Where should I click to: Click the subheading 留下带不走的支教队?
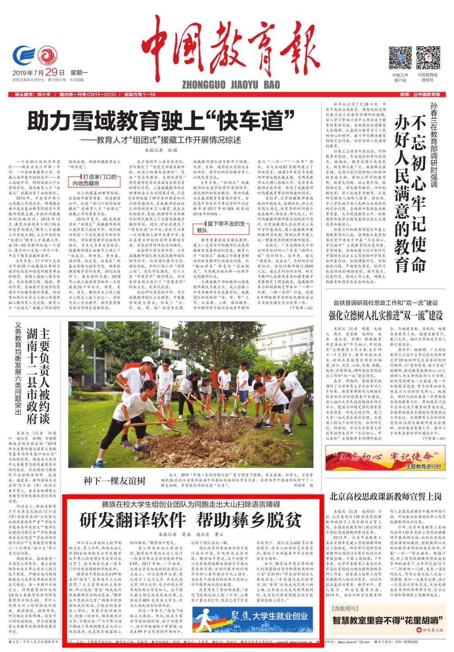(x=220, y=227)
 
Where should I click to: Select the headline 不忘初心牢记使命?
(x=410, y=191)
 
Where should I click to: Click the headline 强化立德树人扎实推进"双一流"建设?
(x=385, y=315)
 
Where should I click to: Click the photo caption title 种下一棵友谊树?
(x=114, y=481)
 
